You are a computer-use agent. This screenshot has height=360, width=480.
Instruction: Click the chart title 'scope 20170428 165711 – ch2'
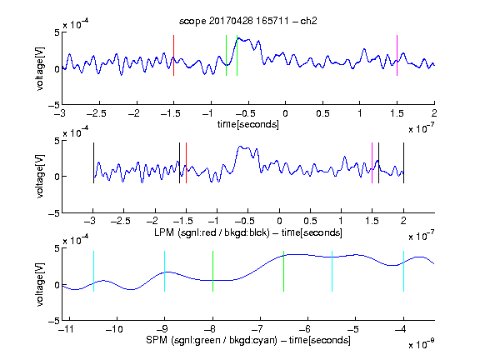pos(247,21)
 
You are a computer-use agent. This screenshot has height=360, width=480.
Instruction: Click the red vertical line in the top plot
pos(173,55)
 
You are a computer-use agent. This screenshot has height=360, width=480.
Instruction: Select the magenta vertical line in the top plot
pos(397,55)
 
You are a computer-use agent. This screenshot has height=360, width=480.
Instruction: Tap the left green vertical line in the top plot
pos(226,55)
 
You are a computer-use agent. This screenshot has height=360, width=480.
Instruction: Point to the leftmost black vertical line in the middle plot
pos(93,162)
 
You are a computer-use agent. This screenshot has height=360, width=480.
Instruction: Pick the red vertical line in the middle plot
pos(186,162)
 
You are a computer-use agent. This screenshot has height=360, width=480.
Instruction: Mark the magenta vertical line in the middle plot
pos(372,162)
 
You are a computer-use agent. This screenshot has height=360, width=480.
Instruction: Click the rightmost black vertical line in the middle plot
pos(403,162)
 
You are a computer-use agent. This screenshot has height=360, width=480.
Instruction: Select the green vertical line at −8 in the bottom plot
pos(212,271)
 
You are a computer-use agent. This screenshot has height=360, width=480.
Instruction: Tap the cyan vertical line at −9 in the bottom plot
pos(164,271)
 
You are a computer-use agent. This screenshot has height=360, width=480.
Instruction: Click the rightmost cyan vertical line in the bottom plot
pos(403,271)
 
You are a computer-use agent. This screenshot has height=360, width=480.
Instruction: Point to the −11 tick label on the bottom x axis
pos(66,329)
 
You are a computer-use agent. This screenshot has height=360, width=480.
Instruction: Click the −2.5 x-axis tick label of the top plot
pos(97,113)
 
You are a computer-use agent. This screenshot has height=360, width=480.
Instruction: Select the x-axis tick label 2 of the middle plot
pos(403,221)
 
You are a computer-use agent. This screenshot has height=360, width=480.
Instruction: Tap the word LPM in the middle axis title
pos(164,232)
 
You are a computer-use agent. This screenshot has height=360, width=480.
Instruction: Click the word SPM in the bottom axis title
pos(157,340)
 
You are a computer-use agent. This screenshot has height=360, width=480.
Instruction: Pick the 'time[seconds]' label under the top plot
pos(248,124)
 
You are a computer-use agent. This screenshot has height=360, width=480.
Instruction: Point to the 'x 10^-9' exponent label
pos(421,344)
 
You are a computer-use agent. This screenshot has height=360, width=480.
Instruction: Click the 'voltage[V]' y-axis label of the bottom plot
pos(40,285)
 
